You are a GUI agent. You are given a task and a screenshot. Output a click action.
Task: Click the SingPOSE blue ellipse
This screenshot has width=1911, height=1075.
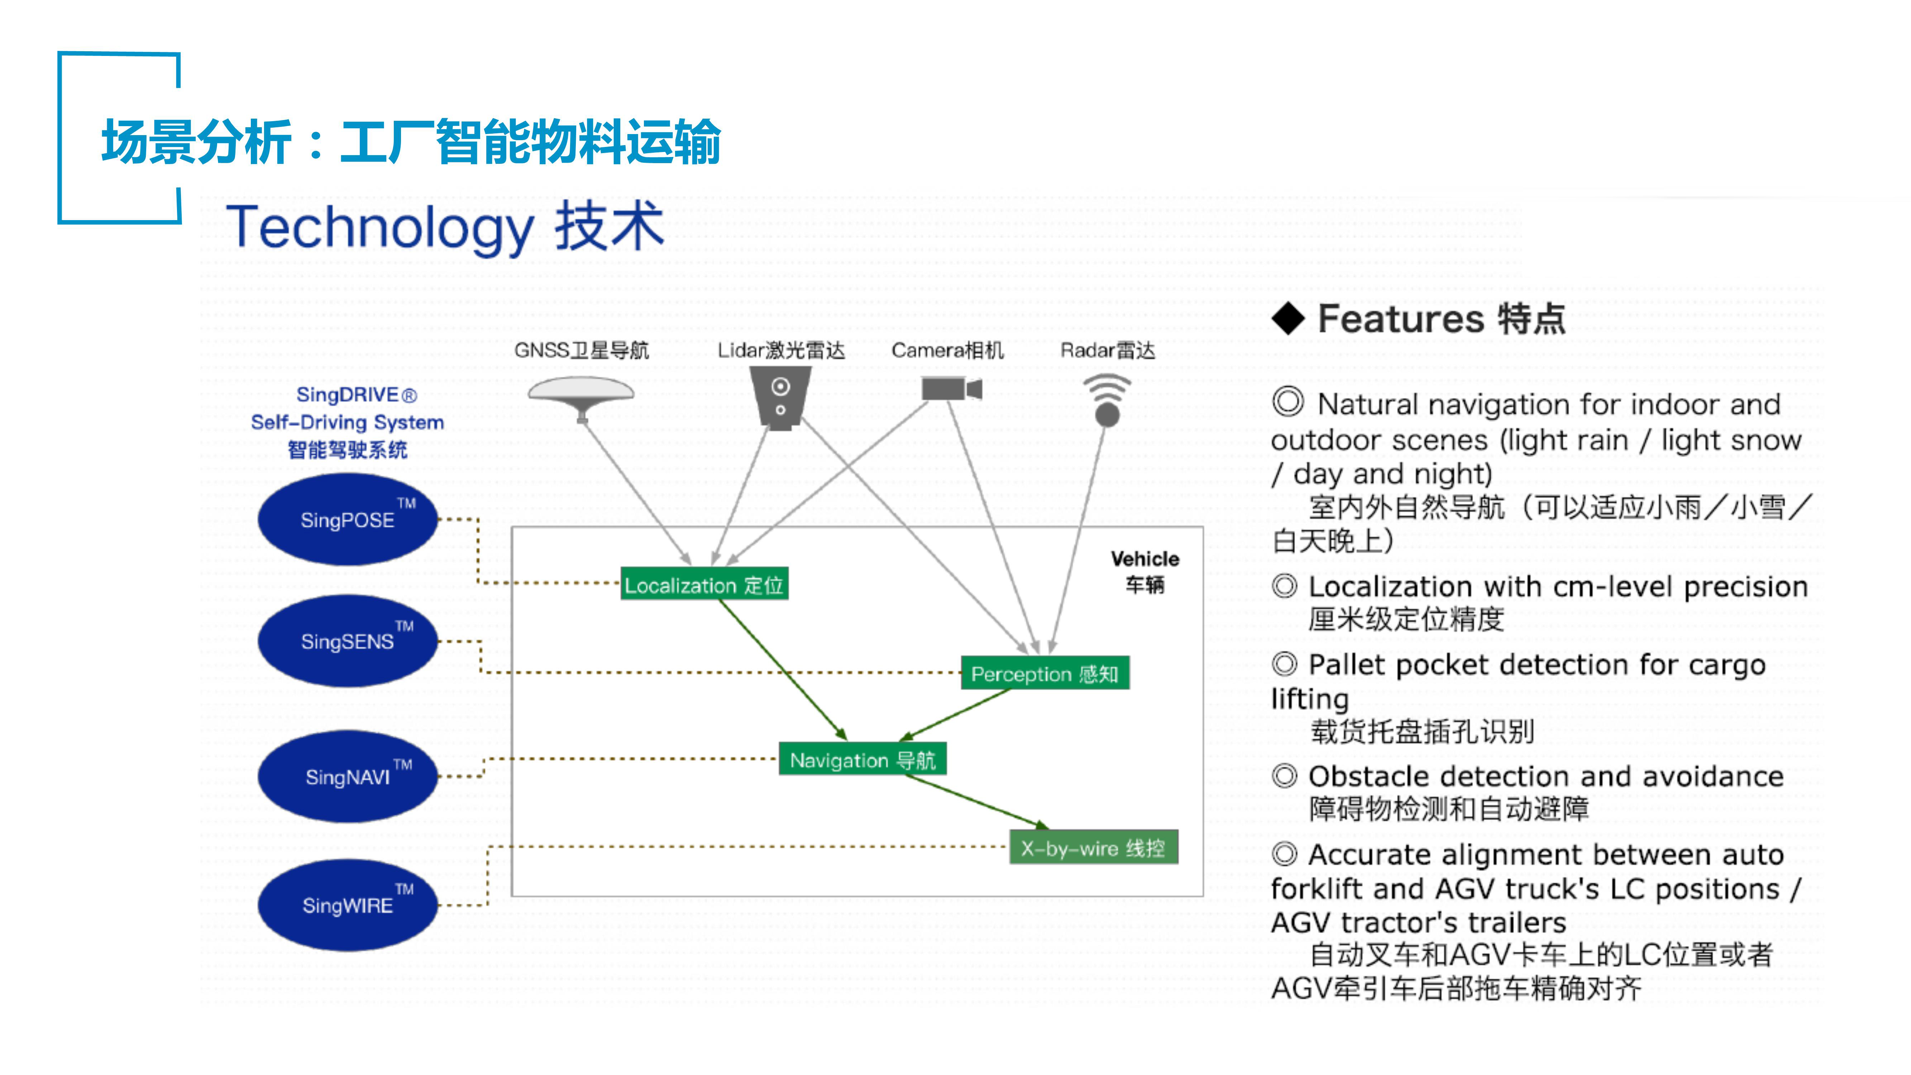[x=348, y=519]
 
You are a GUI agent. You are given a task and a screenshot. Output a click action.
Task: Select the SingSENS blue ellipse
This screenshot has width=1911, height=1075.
[x=348, y=641]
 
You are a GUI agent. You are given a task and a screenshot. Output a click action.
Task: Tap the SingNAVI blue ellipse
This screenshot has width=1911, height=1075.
[x=348, y=776]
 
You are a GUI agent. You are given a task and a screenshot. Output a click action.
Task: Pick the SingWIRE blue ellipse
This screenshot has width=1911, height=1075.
[x=348, y=905]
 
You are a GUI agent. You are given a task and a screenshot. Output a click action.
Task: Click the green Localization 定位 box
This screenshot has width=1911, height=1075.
[x=704, y=585]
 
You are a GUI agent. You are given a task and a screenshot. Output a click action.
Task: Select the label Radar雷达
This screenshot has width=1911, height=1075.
[x=1108, y=350]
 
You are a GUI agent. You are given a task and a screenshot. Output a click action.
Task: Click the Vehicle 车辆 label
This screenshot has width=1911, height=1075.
[x=1145, y=571]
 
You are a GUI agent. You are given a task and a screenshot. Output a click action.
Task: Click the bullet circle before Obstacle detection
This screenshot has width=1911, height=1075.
[x=1285, y=776]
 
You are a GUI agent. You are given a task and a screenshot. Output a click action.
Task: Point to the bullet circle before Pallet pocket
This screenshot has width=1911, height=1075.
[x=1285, y=664]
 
